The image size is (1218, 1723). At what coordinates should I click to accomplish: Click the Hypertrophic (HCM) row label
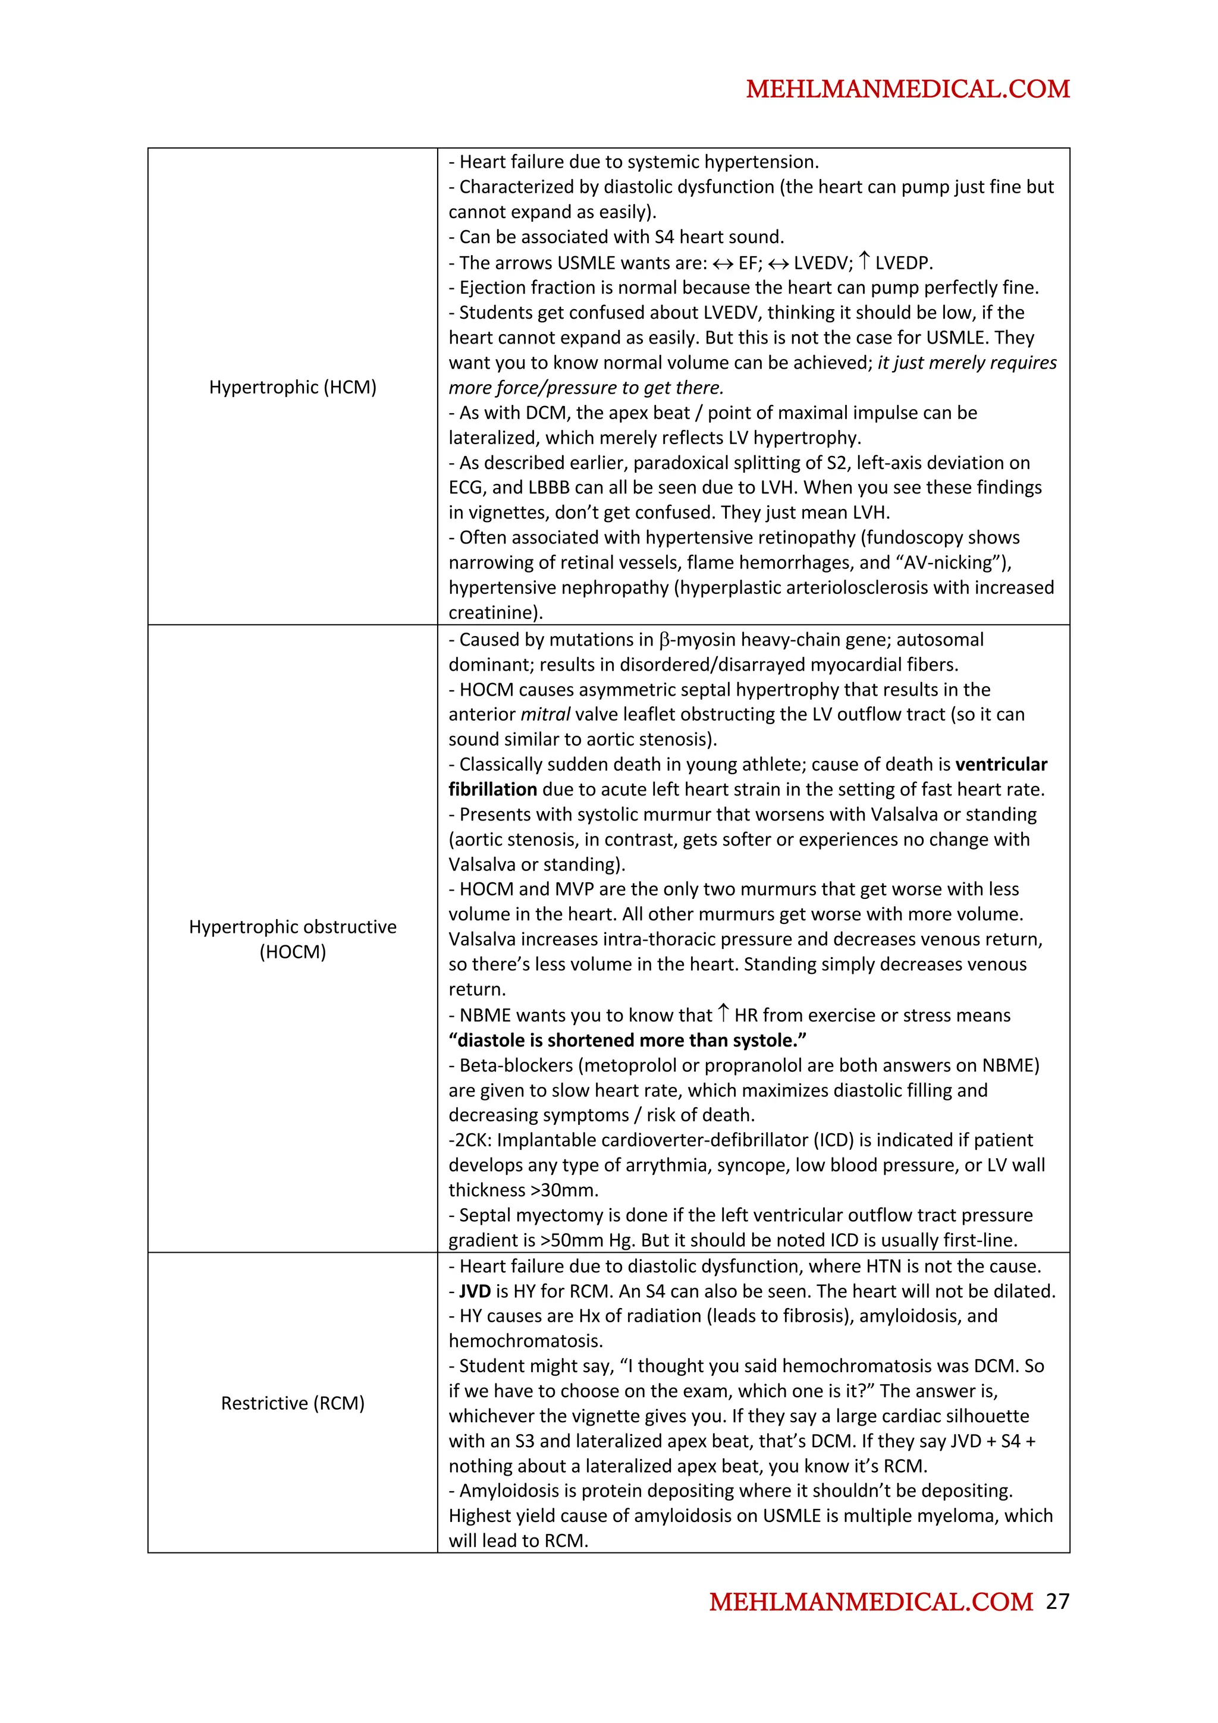click(293, 387)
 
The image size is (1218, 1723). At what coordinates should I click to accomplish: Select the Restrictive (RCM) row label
click(293, 1403)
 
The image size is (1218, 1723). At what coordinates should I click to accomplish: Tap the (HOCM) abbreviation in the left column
click(293, 951)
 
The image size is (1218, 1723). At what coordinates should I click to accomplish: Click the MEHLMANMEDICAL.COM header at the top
click(908, 89)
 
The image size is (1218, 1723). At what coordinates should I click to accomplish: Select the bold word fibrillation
click(492, 790)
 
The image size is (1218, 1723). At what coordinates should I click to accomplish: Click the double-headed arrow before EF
click(723, 263)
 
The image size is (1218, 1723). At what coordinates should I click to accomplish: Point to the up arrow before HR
click(723, 1014)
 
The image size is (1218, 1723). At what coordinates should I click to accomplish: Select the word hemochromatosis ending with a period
click(525, 1341)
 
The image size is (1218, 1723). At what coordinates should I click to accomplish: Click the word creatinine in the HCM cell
click(492, 613)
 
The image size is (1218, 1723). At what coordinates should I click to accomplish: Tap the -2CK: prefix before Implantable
click(470, 1141)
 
